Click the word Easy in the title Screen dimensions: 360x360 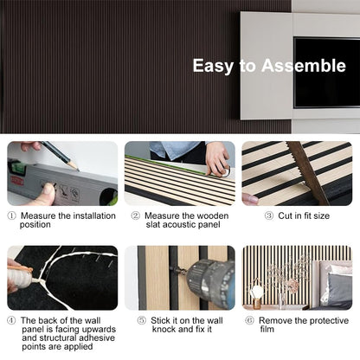tap(213, 66)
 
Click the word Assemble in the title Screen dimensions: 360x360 tap(304, 66)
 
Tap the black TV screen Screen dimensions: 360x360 tap(327, 73)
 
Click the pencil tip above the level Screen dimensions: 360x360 tap(77, 170)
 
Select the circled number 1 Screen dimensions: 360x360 tap(11, 215)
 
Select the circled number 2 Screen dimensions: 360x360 tap(136, 215)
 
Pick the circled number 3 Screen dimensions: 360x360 tap(269, 215)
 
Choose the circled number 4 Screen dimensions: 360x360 tap(11, 320)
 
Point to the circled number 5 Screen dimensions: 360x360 tap(142, 320)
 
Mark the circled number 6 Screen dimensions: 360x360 tap(249, 320)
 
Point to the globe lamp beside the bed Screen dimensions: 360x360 tap(255, 292)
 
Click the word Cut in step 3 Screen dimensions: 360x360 tap(284, 215)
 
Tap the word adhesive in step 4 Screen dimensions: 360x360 tap(97, 337)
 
